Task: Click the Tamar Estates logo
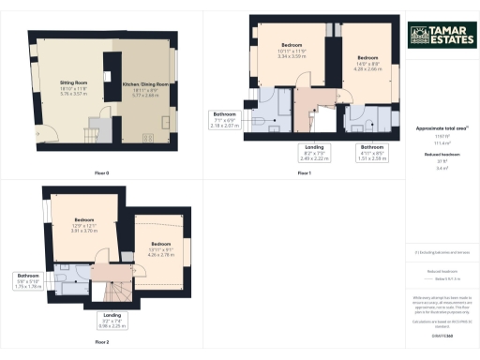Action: [439, 36]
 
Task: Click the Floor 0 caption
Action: [101, 173]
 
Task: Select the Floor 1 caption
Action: [304, 173]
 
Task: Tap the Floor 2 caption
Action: [101, 342]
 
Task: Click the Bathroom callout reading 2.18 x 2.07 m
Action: [228, 119]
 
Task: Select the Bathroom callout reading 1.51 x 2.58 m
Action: [373, 153]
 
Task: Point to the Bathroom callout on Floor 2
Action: [27, 281]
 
